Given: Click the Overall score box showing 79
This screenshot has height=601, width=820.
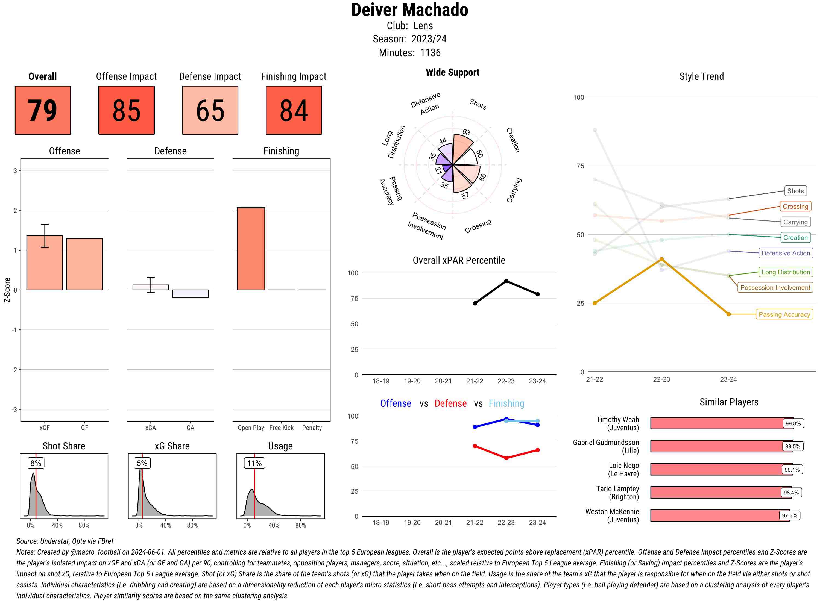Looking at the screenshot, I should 43,110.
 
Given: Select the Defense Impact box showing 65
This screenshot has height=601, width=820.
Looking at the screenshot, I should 210,110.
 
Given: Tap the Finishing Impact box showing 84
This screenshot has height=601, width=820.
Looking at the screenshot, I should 294,110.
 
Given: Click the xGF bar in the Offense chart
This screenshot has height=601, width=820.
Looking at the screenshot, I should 45,263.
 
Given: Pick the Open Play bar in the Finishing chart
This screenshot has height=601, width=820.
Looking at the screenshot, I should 251,249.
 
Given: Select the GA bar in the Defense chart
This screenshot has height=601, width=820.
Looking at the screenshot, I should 190,294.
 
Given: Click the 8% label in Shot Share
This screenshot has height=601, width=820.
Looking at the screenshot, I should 36,463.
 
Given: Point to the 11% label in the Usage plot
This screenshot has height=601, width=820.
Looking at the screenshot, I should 254,463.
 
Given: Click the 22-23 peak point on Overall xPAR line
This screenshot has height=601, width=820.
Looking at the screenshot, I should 506,281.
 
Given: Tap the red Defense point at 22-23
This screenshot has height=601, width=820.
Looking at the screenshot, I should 506,458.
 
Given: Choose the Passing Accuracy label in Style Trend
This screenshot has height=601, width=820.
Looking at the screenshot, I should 784,314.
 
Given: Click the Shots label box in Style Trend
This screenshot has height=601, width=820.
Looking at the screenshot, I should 795,191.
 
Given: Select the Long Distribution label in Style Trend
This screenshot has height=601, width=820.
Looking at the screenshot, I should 786,272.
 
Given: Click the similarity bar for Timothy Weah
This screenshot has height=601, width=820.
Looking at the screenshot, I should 721,423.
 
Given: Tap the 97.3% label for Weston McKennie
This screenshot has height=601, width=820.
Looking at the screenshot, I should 789,515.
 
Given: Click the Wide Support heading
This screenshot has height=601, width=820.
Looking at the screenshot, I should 452,72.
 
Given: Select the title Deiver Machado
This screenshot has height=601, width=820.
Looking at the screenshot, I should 409,10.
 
